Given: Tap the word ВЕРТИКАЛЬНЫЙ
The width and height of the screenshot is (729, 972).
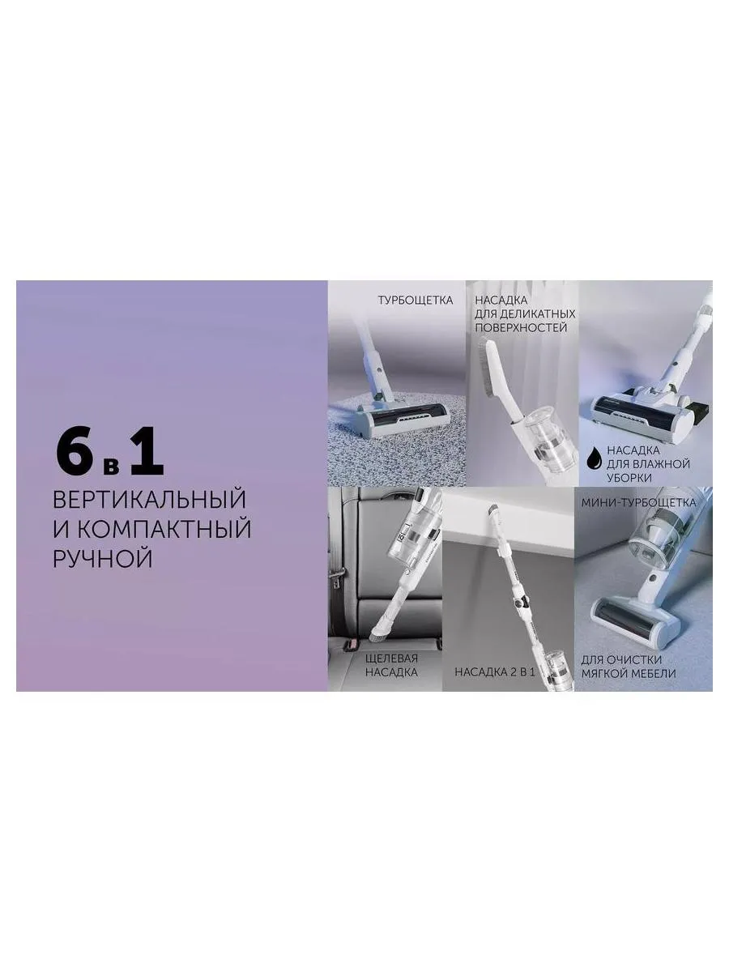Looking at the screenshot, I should click(x=149, y=497).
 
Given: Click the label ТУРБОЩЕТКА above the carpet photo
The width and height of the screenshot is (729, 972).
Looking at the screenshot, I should click(x=415, y=301).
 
